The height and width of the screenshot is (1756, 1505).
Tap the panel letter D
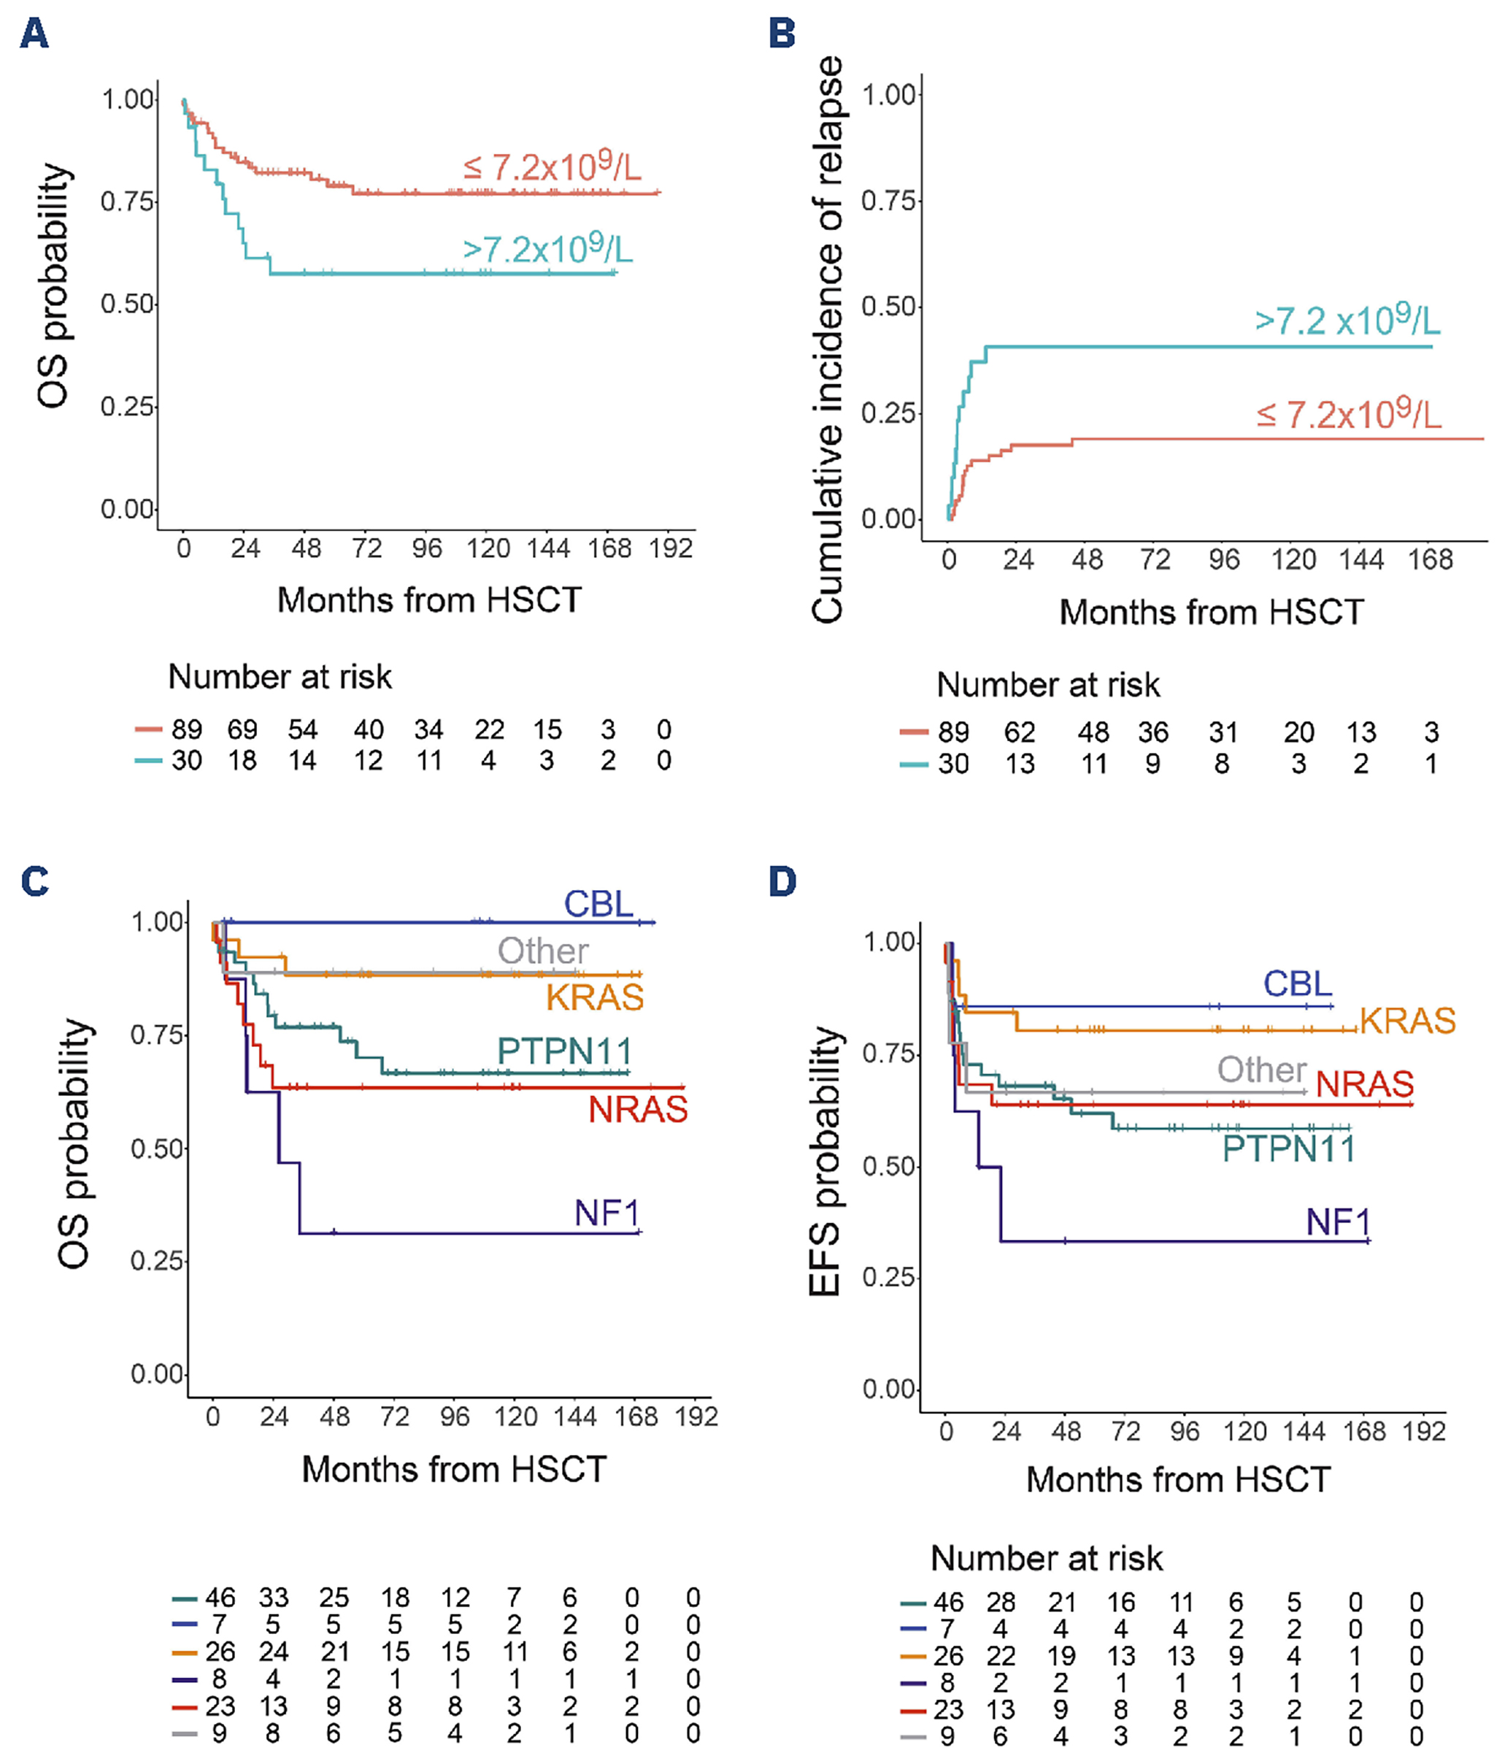coord(782,881)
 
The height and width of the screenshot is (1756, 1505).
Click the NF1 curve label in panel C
coord(607,1214)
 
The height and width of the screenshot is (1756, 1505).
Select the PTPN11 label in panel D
coord(1288,1149)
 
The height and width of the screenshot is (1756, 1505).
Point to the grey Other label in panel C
coord(542,951)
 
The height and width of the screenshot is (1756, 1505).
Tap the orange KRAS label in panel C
coord(595,997)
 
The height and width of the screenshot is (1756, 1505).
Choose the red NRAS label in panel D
coord(1364,1084)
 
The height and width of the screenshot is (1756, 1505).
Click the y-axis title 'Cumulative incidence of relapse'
coord(828,339)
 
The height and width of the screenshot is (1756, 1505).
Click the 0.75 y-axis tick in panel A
coord(127,202)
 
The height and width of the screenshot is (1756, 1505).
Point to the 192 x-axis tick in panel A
coord(670,548)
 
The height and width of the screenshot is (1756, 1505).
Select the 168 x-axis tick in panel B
coord(1430,559)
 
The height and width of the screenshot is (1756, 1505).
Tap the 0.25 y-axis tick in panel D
coord(888,1278)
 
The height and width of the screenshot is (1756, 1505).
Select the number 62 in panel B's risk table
coord(1020,732)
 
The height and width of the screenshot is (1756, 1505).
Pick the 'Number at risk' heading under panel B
coord(1047,685)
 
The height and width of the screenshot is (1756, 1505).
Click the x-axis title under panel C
coord(454,1469)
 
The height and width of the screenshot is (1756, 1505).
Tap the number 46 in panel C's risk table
coord(220,1598)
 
